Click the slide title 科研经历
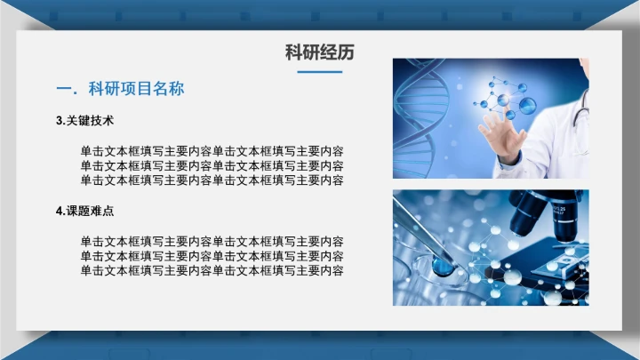[319, 52]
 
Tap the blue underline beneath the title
[319, 71]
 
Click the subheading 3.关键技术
[84, 120]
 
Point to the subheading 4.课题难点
[84, 211]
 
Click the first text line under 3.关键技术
[212, 150]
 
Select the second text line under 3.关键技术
[212, 165]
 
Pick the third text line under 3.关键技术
[212, 180]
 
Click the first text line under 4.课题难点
[212, 241]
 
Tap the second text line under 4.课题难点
[212, 256]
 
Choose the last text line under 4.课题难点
[212, 270]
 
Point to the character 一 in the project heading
[63, 89]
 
